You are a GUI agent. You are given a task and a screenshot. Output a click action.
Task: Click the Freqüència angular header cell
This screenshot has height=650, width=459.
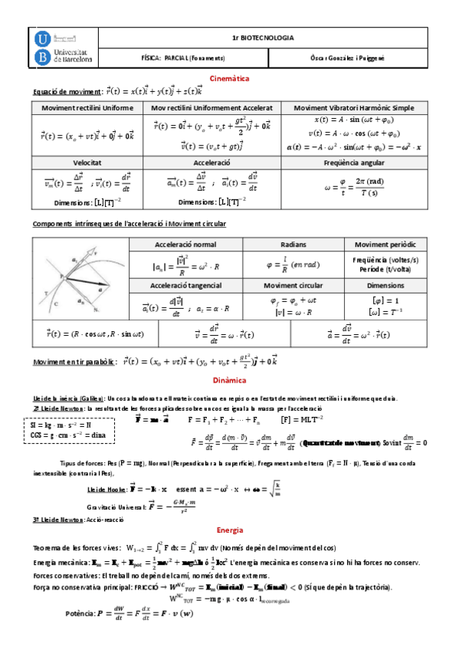(359, 164)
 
